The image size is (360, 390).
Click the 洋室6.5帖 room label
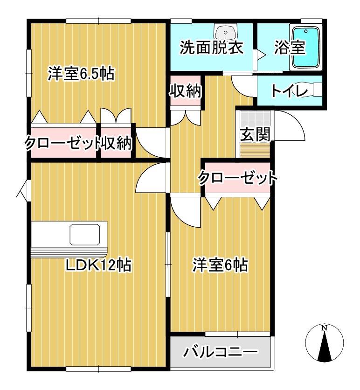(81, 74)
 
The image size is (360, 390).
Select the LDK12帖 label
(98, 265)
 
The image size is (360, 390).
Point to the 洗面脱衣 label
(212, 49)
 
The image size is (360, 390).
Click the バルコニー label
(220, 351)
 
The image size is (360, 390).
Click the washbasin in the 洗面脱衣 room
(226, 33)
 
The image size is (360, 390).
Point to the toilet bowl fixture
(317, 90)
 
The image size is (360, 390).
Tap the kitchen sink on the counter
(84, 234)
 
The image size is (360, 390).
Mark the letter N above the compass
(325, 328)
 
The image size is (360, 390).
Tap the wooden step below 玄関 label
(255, 151)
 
